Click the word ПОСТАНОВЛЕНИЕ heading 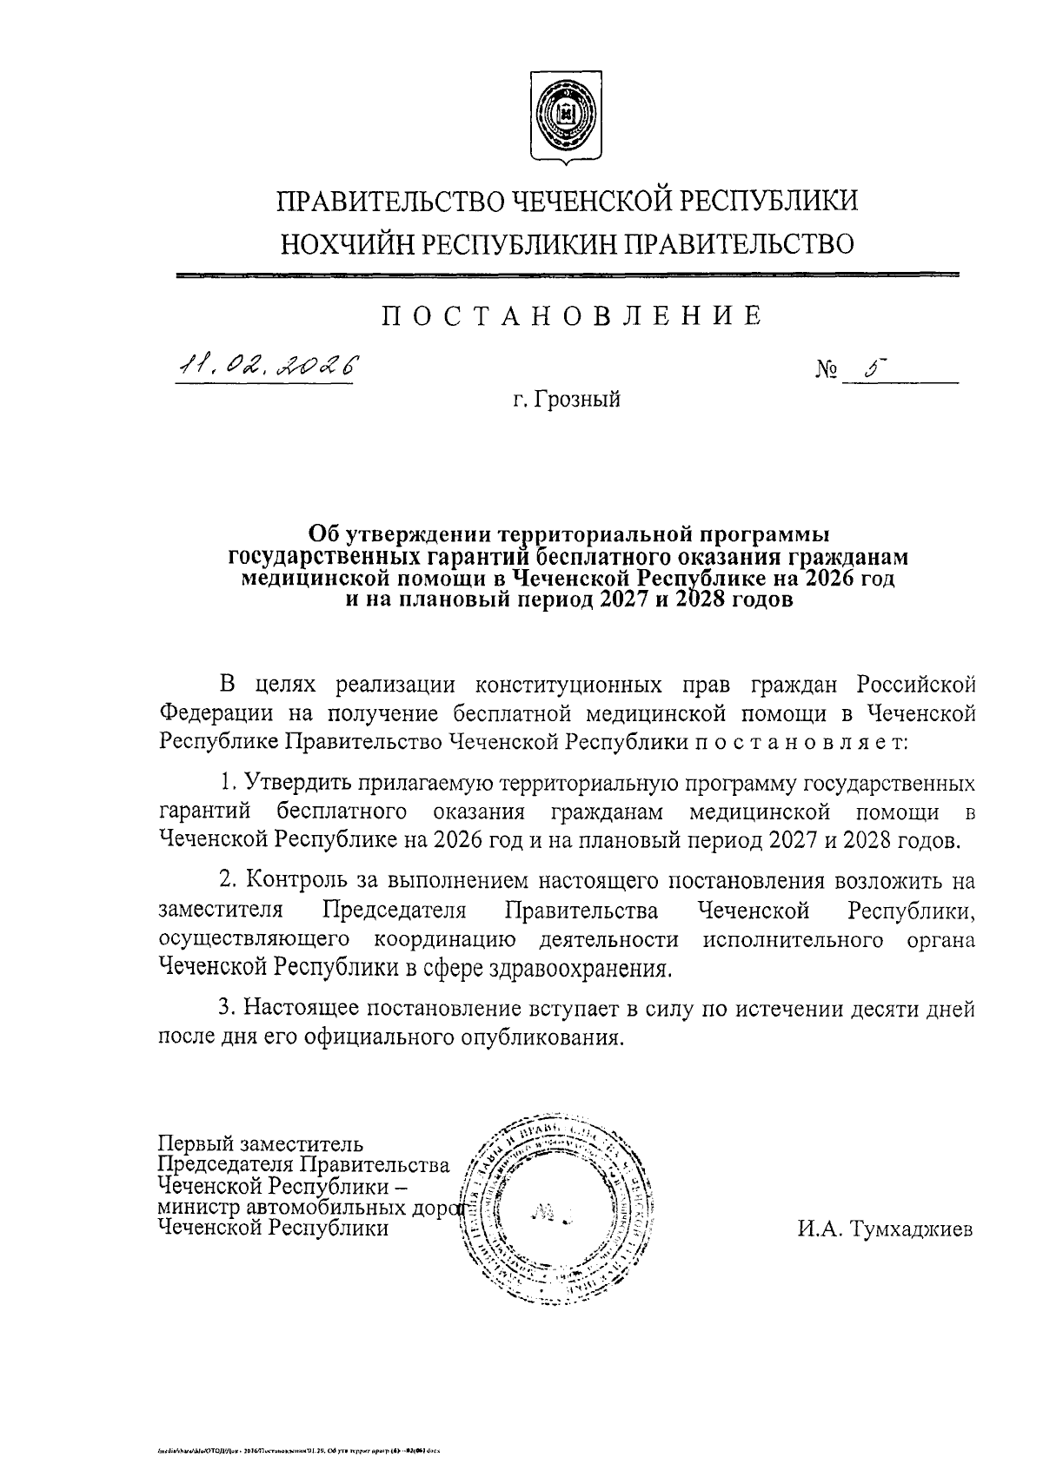click(573, 315)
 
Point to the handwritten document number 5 click(869, 368)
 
